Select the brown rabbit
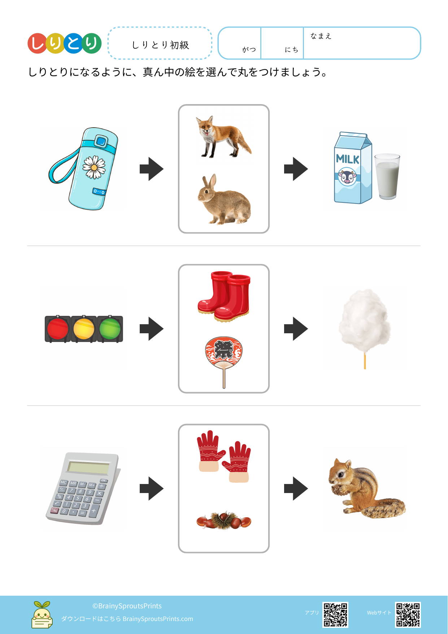coord(224,200)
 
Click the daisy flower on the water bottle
coord(94,167)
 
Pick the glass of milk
coord(387,176)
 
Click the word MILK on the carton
coord(348,159)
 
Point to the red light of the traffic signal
coord(58,329)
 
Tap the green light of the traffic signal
coord(110,329)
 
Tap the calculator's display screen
coord(88,468)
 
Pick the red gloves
coord(224,456)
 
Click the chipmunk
coord(366,488)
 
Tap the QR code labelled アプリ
coord(335,614)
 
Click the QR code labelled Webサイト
coord(408,614)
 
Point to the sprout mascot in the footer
coord(42,615)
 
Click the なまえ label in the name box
coord(321,36)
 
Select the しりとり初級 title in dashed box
coord(160,45)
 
